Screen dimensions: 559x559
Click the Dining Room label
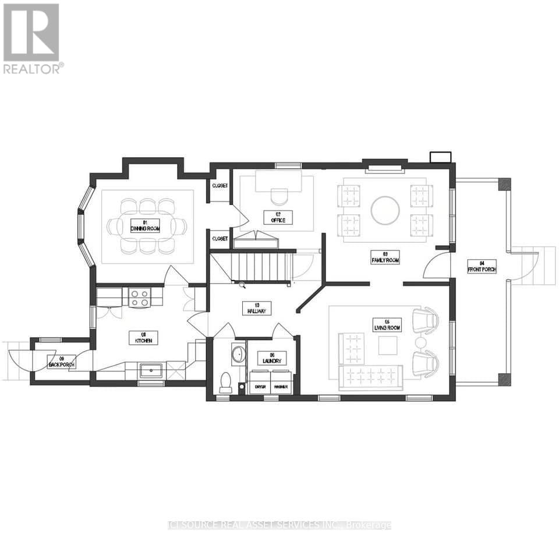[x=145, y=225]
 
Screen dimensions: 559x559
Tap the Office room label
[x=278, y=217]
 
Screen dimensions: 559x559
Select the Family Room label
[x=385, y=257]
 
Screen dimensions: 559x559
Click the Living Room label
[x=387, y=325]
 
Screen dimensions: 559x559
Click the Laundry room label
[x=272, y=358]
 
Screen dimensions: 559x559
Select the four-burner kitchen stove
[x=140, y=298]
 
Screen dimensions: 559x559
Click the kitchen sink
[x=151, y=370]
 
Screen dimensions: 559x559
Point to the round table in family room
[x=385, y=210]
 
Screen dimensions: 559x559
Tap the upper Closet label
[x=220, y=186]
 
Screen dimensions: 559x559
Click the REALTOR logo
[x=32, y=38]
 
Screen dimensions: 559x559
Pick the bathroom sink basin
[x=238, y=354]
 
